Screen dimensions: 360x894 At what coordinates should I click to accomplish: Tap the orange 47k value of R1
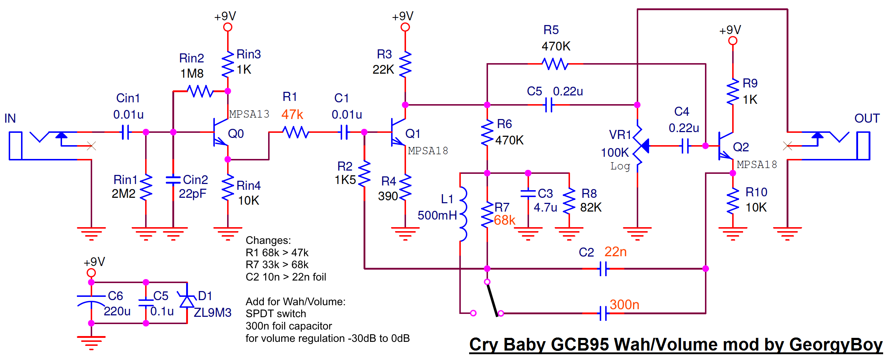point(292,115)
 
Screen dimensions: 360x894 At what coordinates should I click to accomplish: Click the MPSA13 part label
point(249,114)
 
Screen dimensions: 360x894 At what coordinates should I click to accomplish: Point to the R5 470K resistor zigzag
point(555,64)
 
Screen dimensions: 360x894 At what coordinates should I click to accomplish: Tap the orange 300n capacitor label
point(624,305)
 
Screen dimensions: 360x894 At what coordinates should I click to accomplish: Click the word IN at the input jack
point(10,118)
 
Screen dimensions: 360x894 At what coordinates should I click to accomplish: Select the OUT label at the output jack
point(867,118)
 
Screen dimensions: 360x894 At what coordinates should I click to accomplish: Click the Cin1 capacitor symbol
point(125,132)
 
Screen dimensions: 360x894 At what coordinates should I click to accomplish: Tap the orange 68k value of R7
point(504,220)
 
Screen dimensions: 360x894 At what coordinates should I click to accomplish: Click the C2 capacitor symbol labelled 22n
point(603,269)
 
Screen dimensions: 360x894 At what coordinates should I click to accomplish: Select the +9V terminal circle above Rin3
point(227,27)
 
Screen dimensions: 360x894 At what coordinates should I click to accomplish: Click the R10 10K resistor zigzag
point(733,201)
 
